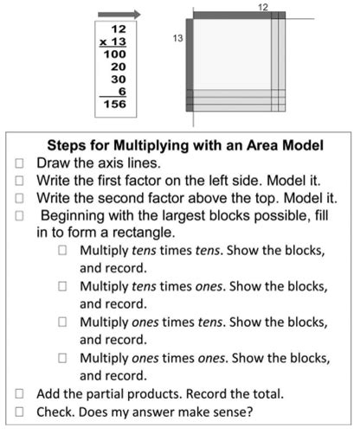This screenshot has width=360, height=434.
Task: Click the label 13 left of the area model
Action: [179, 40]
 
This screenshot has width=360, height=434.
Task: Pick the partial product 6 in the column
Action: [122, 91]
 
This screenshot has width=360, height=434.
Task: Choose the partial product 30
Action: [119, 79]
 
